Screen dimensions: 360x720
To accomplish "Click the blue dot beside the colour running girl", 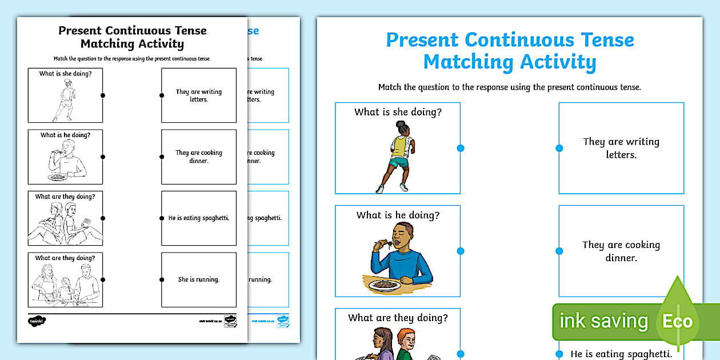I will click(461, 148).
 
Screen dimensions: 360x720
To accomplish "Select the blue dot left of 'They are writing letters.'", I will click(559, 148).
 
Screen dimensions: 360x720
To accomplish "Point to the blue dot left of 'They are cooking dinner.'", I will click(559, 251).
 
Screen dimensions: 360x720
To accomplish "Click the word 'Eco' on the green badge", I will click(677, 321).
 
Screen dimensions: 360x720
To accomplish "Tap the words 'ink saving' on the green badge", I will click(603, 321).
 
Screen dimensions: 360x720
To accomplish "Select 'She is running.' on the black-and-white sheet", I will click(199, 279).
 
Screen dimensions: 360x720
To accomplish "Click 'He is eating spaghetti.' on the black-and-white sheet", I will click(199, 218).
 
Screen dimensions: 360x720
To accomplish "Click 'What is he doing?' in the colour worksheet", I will click(398, 215).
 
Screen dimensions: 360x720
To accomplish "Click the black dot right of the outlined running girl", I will click(103, 95).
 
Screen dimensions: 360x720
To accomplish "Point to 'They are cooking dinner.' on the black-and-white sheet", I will click(199, 157).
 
